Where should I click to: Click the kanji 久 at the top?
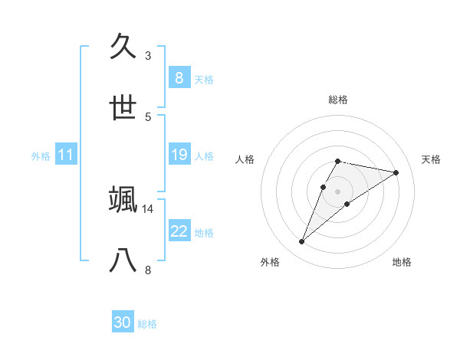coord(123,47)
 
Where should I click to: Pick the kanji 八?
coord(123,260)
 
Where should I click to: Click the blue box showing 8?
coord(179,77)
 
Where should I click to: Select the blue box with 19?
coord(179,155)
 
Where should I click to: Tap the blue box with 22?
coord(179,231)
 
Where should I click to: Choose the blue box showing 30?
coord(123,322)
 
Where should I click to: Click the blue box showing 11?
coord(66,155)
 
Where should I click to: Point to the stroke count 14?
coord(148,208)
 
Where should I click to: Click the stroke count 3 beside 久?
coord(148,56)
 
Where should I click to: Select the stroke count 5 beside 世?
coord(148,116)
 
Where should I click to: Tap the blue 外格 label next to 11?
coord(41,155)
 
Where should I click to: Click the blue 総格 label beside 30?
coord(147,323)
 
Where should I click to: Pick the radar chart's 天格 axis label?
coord(431,159)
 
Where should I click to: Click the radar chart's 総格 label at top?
coord(337,100)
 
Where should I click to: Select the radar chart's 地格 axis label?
coord(402,262)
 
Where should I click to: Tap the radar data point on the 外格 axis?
coord(301,242)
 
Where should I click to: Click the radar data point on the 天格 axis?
coord(396,172)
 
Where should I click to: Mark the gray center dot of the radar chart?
coord(337,191)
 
